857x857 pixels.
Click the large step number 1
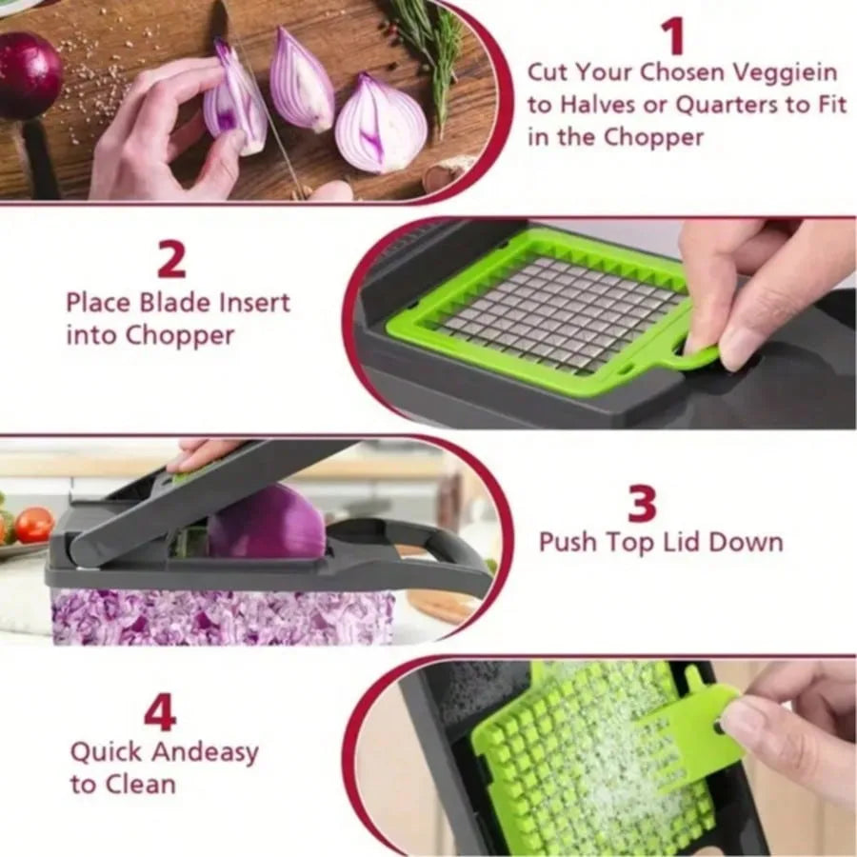click(x=673, y=36)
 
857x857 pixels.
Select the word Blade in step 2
click(x=169, y=304)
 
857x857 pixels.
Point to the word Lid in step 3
click(x=700, y=543)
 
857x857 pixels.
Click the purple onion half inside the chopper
click(x=268, y=523)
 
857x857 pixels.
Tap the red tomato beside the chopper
click(x=33, y=525)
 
